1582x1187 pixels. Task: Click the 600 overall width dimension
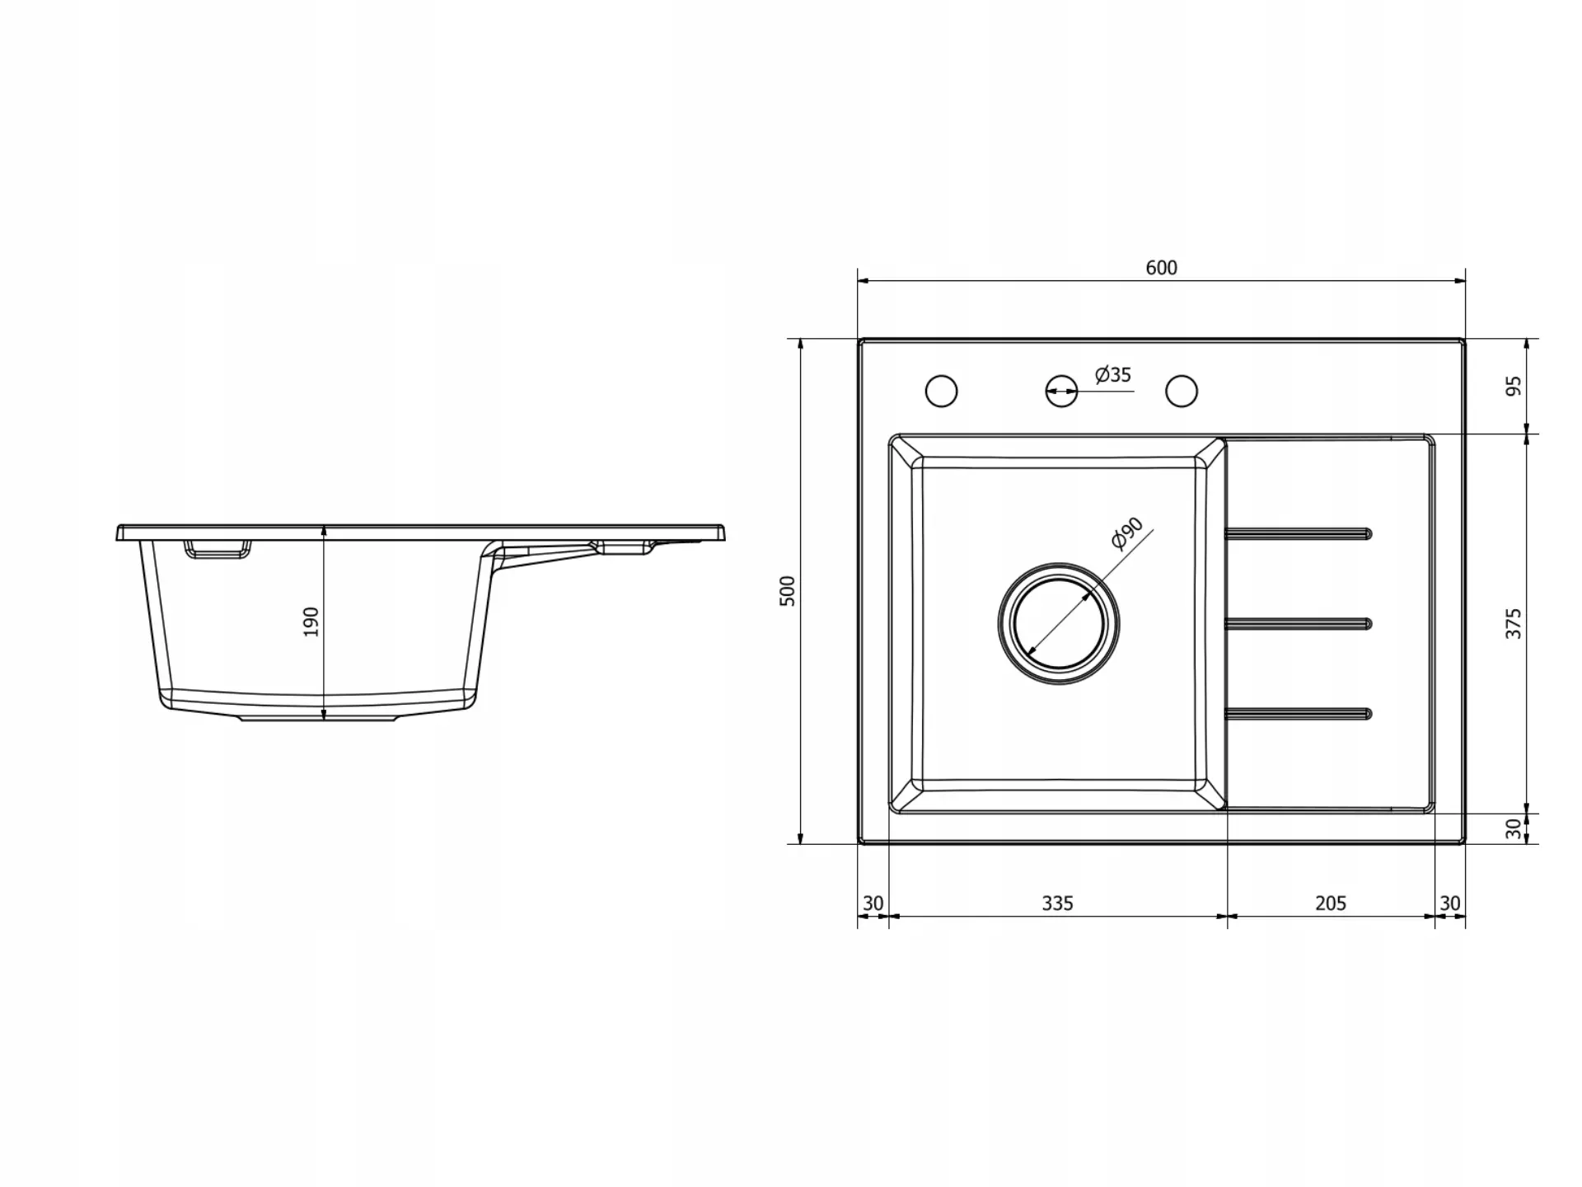click(1161, 268)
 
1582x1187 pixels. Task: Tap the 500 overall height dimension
click(788, 591)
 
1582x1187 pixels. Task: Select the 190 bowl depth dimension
click(311, 622)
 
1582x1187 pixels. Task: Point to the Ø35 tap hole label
click(1113, 375)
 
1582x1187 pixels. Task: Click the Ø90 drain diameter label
click(1127, 533)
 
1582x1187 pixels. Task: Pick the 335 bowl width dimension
click(1057, 903)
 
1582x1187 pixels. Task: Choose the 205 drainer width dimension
click(1331, 903)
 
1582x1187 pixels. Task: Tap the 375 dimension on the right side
click(1513, 623)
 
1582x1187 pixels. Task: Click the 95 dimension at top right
click(1513, 386)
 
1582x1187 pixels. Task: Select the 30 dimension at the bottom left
click(873, 903)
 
